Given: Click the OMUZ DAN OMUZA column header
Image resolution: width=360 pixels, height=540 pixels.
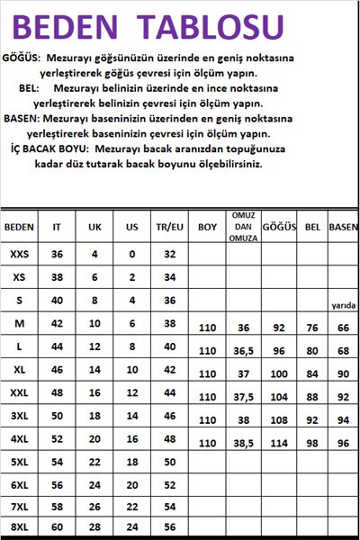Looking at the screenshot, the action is (240, 227).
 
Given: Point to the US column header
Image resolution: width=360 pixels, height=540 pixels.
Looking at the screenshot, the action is (131, 227).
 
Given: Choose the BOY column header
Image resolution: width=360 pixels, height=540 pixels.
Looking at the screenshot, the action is (208, 227).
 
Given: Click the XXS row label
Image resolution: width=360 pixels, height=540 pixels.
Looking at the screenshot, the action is (20, 255).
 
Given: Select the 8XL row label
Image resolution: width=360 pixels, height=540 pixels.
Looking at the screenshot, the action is (20, 527).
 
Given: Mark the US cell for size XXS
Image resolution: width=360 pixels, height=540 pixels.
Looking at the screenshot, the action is (131, 255).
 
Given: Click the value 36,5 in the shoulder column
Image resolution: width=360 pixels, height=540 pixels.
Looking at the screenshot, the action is (240, 351).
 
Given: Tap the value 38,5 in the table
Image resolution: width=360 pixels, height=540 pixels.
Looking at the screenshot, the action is (240, 442).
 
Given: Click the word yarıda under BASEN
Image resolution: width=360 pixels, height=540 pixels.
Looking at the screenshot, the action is (344, 306).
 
